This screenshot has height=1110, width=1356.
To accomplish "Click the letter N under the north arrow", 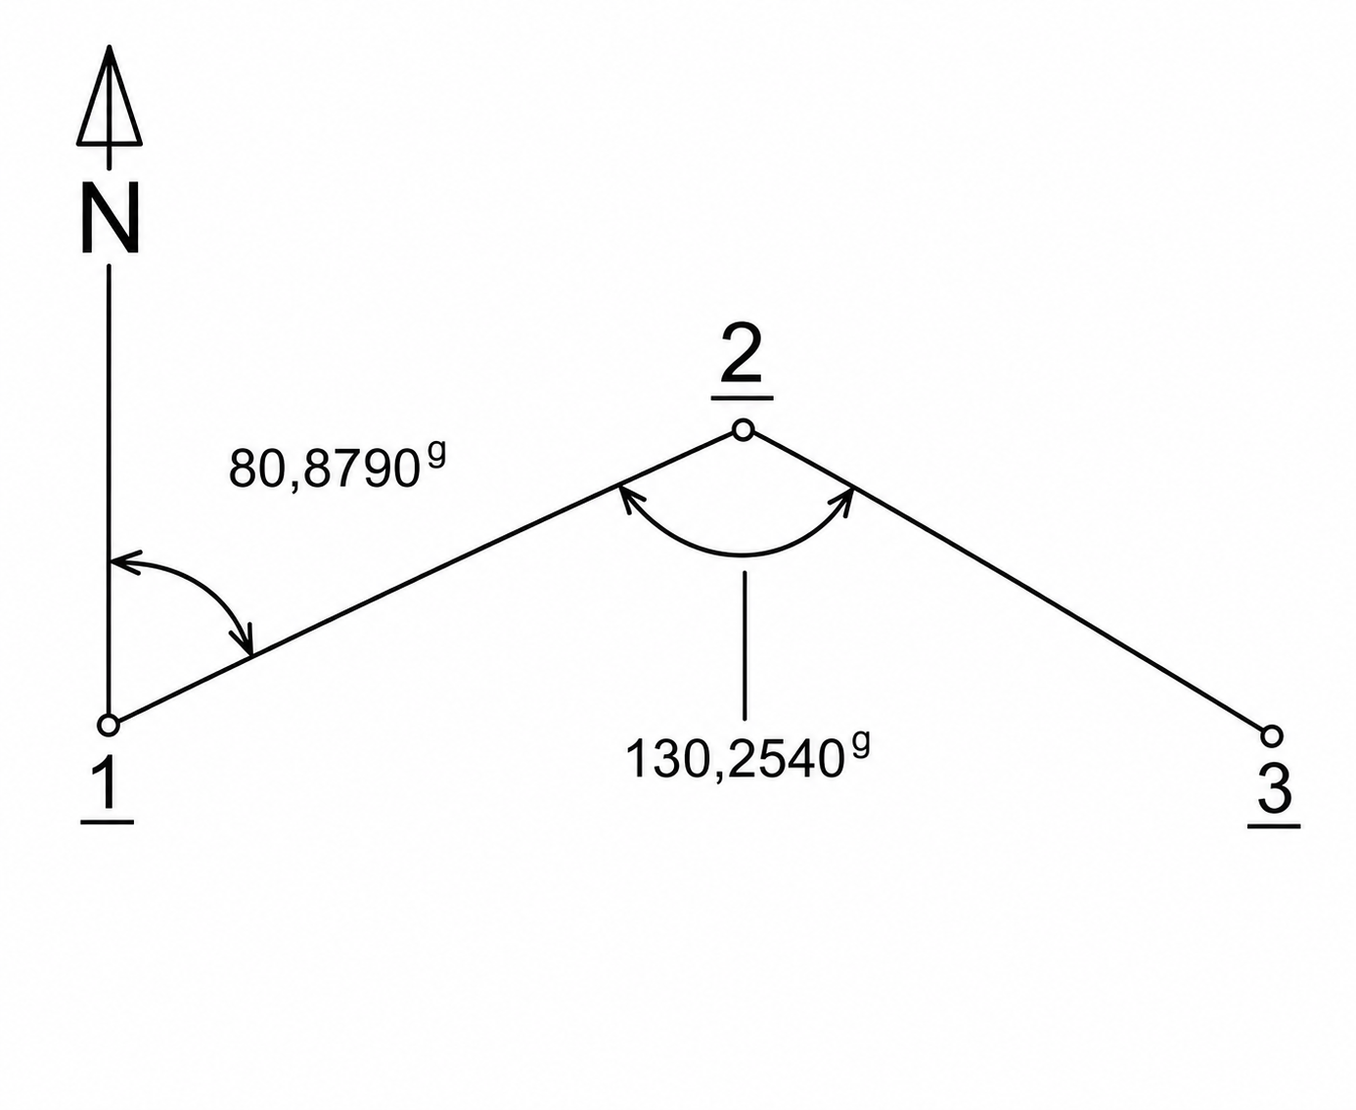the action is (x=110, y=217).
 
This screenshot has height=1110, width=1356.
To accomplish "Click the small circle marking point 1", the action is (x=109, y=726).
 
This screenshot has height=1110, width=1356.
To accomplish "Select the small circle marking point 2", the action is (x=743, y=430).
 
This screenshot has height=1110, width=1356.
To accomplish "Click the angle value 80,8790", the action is (x=320, y=469).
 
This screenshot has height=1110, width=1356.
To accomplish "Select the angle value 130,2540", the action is (x=734, y=760).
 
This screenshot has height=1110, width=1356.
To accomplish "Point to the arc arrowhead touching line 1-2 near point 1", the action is (x=242, y=639).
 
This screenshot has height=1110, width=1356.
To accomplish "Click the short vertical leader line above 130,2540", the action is (x=745, y=645).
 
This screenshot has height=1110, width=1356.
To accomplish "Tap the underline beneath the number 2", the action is (x=742, y=398).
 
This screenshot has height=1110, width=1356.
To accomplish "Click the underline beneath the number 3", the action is (x=1274, y=825).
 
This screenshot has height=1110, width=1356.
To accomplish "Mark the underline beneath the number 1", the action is (x=108, y=822).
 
